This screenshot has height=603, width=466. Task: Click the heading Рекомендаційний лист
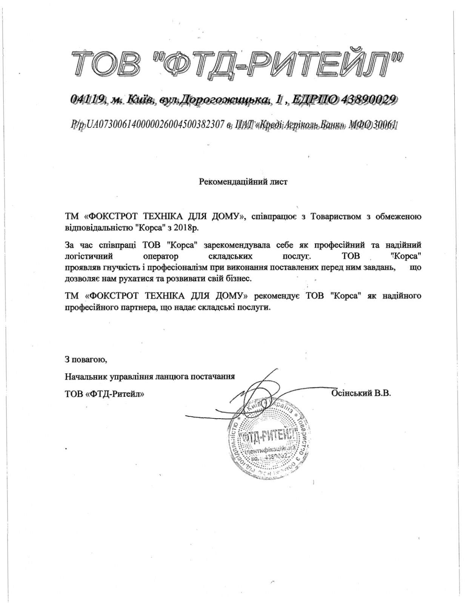pos(243,182)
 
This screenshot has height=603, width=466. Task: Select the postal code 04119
pos(88,99)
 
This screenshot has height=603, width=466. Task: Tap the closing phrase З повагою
pos(86,359)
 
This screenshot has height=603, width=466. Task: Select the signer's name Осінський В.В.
pos(361,393)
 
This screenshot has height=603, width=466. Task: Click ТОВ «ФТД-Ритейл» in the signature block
pos(105,394)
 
